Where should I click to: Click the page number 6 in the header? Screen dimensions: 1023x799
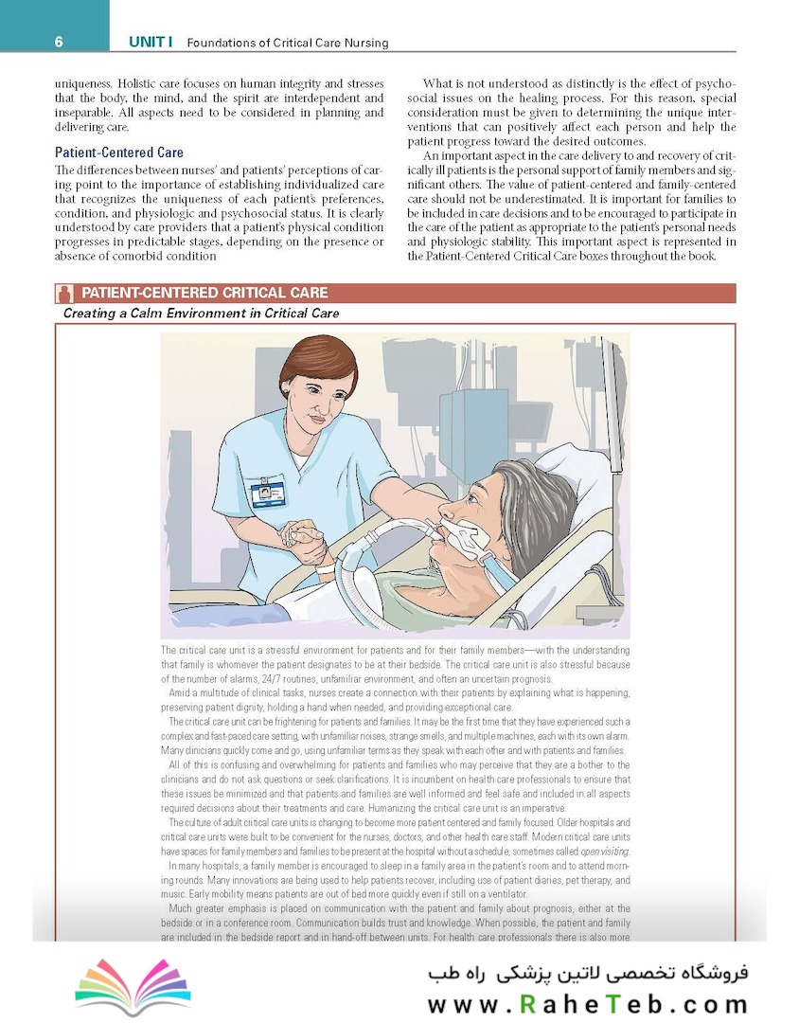point(59,42)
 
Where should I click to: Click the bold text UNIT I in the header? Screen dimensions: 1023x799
point(151,43)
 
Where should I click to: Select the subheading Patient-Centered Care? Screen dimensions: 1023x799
point(119,153)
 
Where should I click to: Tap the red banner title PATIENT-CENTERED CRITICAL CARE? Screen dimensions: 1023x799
point(204,293)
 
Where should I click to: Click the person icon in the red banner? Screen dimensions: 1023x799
point(64,293)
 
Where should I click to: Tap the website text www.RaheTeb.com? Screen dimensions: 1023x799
point(586,1002)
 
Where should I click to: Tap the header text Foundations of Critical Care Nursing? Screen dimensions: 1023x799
point(288,44)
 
